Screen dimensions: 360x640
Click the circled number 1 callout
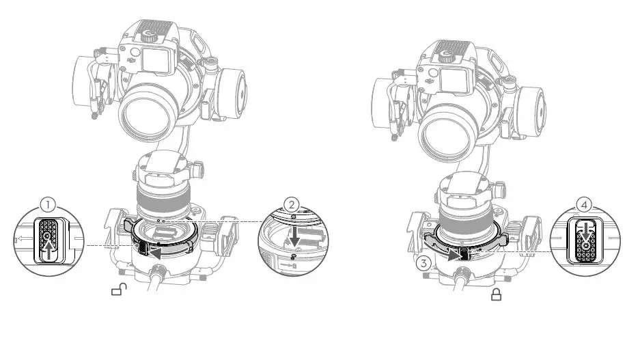(x=46, y=204)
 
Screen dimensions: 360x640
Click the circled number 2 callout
(x=291, y=204)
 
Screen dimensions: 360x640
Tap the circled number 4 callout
(x=584, y=204)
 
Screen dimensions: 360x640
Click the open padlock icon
(x=118, y=292)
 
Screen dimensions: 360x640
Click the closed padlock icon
(x=497, y=294)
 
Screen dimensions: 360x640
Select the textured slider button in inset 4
(x=585, y=243)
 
